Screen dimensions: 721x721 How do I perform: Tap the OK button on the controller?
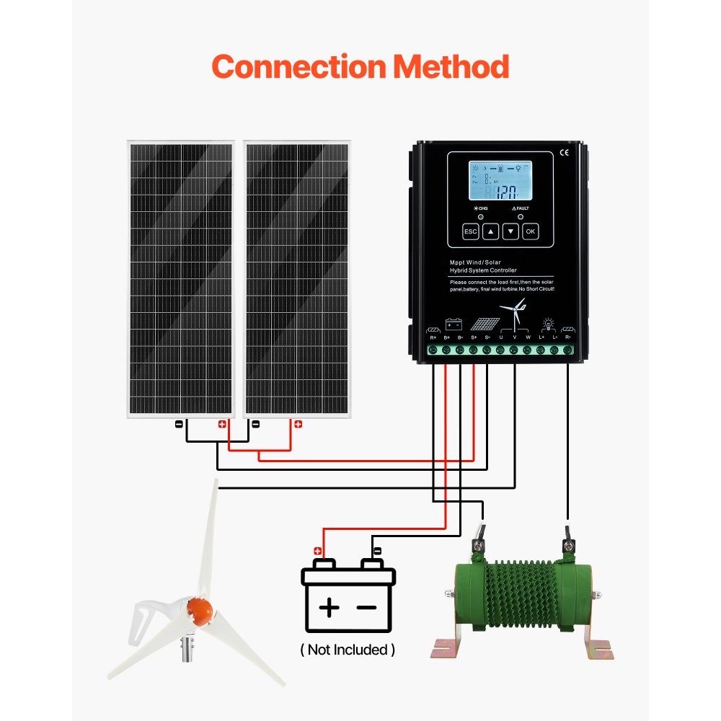(x=531, y=231)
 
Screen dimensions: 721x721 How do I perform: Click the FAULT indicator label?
(x=521, y=208)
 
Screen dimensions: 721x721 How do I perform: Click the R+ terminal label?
(x=433, y=337)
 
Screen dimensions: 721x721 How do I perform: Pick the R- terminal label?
(x=568, y=337)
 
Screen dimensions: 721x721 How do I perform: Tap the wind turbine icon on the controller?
(x=515, y=314)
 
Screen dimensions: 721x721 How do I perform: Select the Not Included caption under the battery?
(x=348, y=650)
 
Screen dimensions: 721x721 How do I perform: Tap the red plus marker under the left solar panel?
(x=222, y=424)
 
